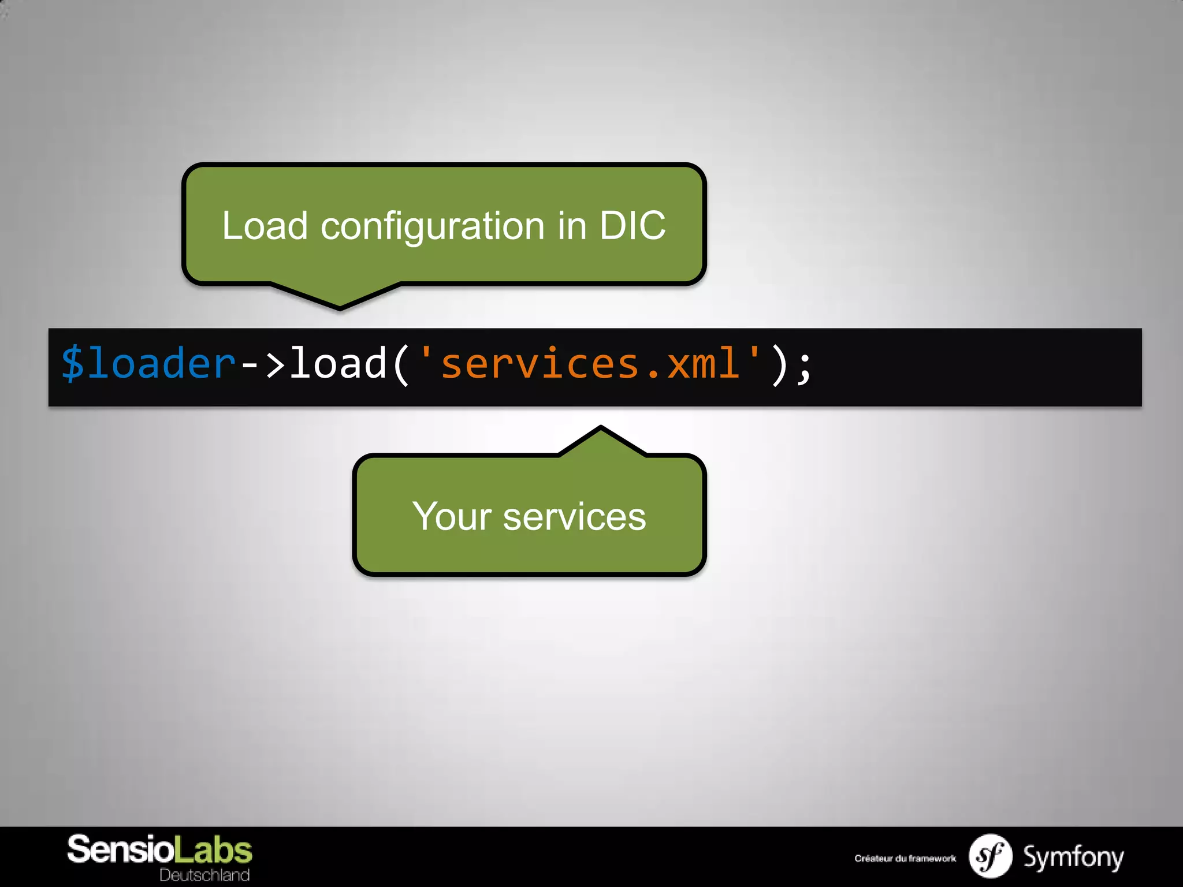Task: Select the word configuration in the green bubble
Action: (x=433, y=226)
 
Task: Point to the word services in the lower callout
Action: (x=574, y=517)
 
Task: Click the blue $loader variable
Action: (x=148, y=364)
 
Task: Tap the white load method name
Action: (x=338, y=364)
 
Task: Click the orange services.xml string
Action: (x=589, y=364)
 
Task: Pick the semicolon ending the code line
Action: (x=803, y=366)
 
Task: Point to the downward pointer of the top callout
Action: (x=340, y=297)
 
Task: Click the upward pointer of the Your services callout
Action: (x=601, y=441)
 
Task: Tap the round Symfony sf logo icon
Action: (x=990, y=856)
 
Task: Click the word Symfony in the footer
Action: (x=1073, y=857)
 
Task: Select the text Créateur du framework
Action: (x=905, y=858)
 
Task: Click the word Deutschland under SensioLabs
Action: (x=204, y=875)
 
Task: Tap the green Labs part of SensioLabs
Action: (x=213, y=850)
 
